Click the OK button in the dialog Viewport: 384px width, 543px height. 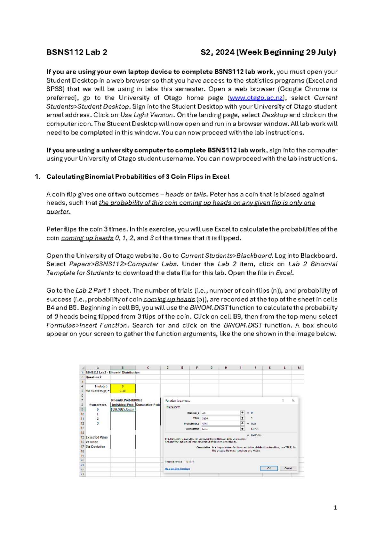[269, 468]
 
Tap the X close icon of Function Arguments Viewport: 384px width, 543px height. [293, 401]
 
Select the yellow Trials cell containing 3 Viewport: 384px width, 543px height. [123, 386]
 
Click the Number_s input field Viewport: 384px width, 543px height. [221, 413]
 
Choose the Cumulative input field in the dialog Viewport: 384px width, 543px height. [221, 429]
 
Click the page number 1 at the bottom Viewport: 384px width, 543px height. [335, 507]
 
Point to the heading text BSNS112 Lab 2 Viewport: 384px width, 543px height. [77, 52]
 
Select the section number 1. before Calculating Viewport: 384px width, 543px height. [38, 177]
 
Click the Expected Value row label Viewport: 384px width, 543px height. [97, 437]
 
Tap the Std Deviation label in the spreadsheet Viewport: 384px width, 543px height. [95, 446]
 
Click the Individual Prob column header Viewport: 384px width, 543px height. [123, 405]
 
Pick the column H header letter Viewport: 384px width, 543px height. [226, 368]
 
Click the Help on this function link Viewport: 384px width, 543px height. [177, 468]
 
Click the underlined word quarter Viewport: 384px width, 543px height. [58, 212]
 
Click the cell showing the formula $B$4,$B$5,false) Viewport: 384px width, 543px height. [123, 409]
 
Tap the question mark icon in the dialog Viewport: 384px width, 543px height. [283, 401]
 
